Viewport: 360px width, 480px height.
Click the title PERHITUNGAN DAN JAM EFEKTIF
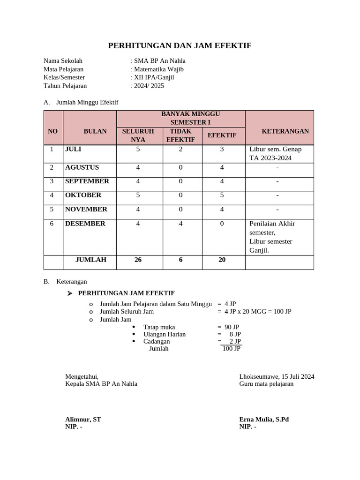180,45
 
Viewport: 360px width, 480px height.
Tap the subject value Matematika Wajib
159,69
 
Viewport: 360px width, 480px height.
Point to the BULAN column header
95,131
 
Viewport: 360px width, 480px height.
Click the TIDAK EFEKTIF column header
180,135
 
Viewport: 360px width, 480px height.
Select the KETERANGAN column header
285,131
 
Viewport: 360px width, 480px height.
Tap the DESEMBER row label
85,224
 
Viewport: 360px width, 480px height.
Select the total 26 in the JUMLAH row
138,260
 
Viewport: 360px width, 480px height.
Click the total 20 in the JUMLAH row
222,260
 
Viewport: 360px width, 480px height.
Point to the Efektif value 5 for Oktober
222,195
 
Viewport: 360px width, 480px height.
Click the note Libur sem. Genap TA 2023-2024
276,153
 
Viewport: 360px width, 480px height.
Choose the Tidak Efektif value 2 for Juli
180,149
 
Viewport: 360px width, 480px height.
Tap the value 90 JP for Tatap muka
232,327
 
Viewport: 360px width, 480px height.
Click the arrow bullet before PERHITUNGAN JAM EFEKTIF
70,293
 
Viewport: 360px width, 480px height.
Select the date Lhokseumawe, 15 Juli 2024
277,376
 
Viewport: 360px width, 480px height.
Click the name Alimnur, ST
83,419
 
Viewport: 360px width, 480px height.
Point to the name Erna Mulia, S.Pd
264,419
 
